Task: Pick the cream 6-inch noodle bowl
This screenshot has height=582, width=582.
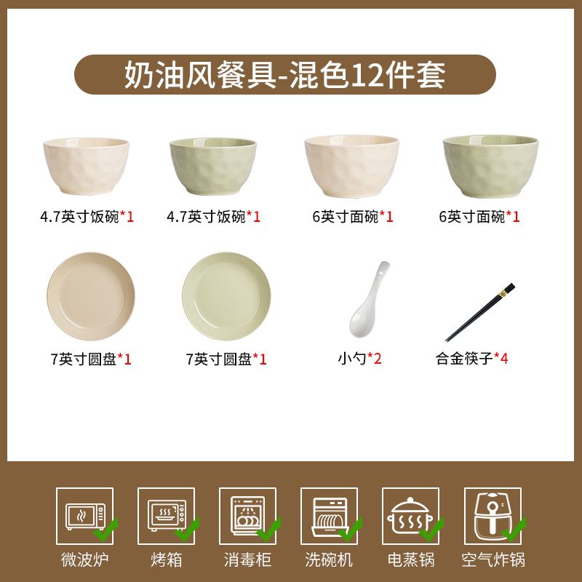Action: pos(351,166)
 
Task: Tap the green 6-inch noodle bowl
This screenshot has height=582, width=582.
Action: pos(490,166)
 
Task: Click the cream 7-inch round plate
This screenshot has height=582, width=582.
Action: pos(91,296)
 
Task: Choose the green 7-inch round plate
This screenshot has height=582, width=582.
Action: pos(226,296)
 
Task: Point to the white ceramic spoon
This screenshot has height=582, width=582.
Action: pos(369,299)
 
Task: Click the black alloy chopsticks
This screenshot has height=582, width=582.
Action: pos(480,312)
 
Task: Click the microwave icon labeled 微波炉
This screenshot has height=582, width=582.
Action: pos(85,516)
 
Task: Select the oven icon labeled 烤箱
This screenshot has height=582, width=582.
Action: pos(167,515)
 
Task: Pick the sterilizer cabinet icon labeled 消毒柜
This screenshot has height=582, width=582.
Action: pos(248,516)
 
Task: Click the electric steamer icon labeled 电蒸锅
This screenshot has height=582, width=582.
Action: pos(410,516)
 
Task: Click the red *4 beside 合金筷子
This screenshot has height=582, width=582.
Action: pos(501,358)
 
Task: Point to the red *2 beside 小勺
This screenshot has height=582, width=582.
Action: pos(374,358)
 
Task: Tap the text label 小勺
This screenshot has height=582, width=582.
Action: pos(352,359)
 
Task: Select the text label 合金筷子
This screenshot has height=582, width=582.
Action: pos(464,359)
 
